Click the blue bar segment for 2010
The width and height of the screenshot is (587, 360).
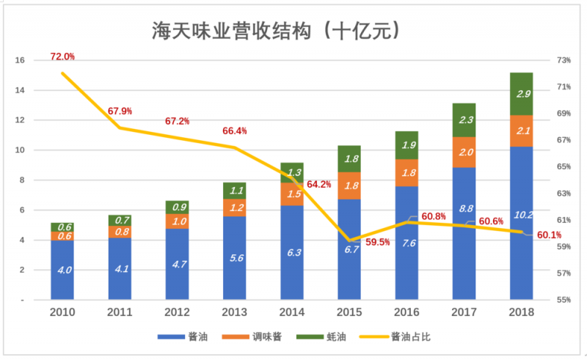tap(63, 269)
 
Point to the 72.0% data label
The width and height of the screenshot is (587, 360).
tap(62, 56)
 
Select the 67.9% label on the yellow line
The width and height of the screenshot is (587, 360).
tap(120, 111)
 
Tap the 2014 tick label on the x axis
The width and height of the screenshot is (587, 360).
tap(291, 312)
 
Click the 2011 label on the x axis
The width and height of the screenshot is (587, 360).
tap(120, 312)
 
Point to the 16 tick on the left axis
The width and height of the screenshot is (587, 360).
tap(20, 61)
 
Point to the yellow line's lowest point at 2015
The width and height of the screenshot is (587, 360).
tap(349, 240)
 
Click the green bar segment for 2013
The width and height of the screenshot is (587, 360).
tap(235, 191)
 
